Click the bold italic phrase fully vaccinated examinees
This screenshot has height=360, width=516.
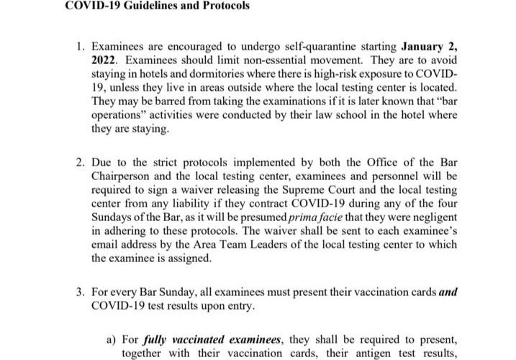[x=209, y=338]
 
